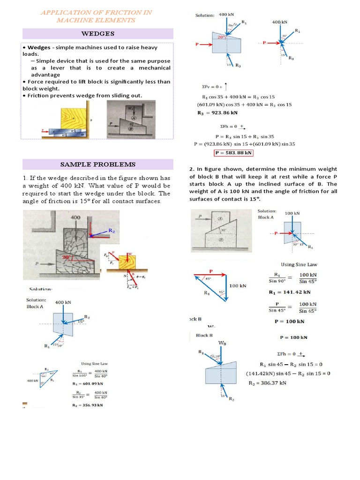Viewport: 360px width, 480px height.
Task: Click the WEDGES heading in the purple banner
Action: coord(98,34)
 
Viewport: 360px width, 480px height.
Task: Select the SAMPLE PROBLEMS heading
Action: coord(98,164)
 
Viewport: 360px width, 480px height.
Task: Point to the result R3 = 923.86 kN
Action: coord(217,112)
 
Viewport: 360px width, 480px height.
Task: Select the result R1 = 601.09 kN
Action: coord(88,383)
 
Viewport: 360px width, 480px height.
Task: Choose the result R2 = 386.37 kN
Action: coord(267,382)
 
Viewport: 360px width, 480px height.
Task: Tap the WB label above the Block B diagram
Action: coord(223,343)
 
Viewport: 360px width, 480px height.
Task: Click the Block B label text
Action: coord(204,335)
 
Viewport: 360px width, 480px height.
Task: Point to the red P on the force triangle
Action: coord(211,271)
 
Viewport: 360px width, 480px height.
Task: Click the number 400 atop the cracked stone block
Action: coord(75,218)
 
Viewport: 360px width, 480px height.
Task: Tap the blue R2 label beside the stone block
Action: coord(112,231)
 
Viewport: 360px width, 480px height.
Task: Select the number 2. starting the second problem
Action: coord(192,169)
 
